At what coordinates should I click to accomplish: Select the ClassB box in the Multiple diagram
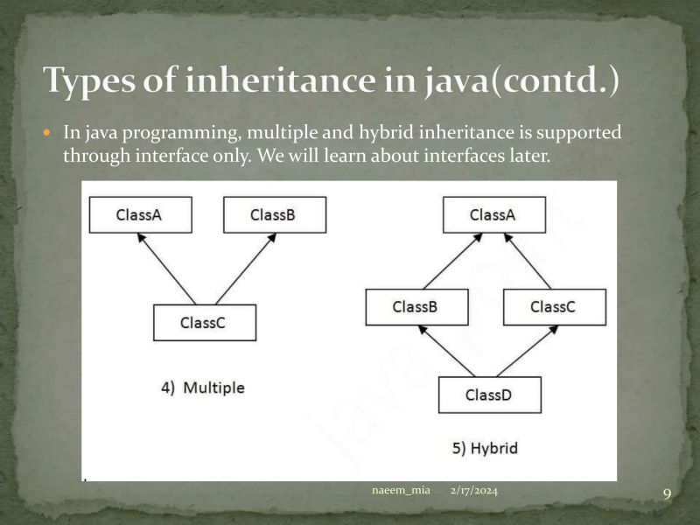(x=274, y=214)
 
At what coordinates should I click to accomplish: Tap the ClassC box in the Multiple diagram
(x=204, y=322)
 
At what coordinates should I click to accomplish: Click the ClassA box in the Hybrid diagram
(x=493, y=214)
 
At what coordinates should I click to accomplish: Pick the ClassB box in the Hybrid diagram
(x=416, y=307)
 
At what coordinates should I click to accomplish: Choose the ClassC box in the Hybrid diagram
(x=554, y=307)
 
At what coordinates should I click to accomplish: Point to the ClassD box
(x=489, y=395)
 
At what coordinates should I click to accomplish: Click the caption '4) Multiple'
(x=203, y=388)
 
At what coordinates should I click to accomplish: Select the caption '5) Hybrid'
(x=485, y=449)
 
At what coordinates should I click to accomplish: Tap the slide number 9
(x=667, y=495)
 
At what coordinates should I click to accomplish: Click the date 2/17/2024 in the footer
(x=474, y=491)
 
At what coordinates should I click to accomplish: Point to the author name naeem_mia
(x=401, y=491)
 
